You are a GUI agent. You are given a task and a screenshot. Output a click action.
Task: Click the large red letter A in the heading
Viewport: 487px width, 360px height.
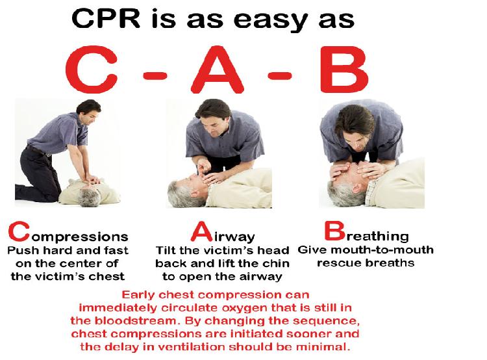(x=217, y=70)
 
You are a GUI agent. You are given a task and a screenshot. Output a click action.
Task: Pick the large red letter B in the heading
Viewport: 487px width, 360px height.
(x=344, y=70)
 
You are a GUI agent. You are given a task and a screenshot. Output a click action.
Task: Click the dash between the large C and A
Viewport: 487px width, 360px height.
(x=155, y=75)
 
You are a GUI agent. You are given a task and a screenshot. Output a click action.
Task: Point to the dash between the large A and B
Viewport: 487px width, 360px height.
(x=280, y=75)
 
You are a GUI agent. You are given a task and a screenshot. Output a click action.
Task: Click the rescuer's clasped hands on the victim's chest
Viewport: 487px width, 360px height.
(x=93, y=179)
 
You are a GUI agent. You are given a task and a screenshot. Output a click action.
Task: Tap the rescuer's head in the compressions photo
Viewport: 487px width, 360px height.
(x=89, y=111)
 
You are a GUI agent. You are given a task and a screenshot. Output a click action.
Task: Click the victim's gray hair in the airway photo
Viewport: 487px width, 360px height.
(x=179, y=194)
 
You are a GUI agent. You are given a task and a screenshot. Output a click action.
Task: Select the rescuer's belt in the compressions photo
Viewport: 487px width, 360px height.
(x=38, y=151)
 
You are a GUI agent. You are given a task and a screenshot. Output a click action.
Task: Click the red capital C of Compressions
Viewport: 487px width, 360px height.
(x=19, y=231)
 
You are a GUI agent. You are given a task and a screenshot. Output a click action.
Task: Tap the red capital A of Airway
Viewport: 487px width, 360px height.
(x=201, y=231)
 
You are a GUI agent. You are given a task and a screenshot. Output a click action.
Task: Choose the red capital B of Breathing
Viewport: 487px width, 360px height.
(x=335, y=231)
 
